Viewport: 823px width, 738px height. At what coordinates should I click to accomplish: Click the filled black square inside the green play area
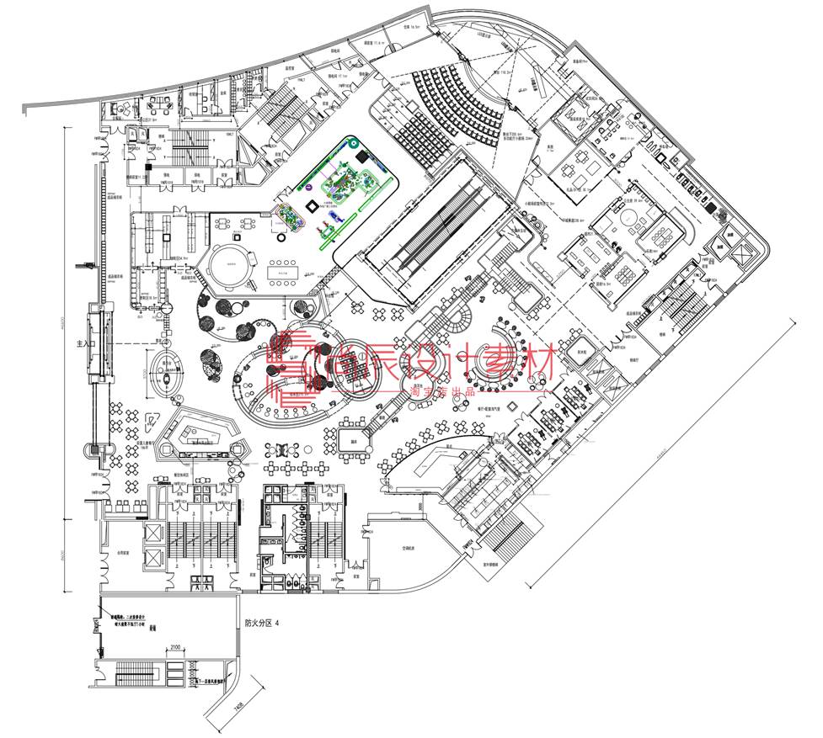pos(362,157)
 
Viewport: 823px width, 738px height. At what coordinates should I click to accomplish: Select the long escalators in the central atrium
pos(438,227)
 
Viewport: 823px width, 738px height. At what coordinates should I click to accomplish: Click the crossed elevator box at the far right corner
pos(744,250)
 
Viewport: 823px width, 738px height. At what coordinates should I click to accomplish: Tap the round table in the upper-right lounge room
pos(628,217)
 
